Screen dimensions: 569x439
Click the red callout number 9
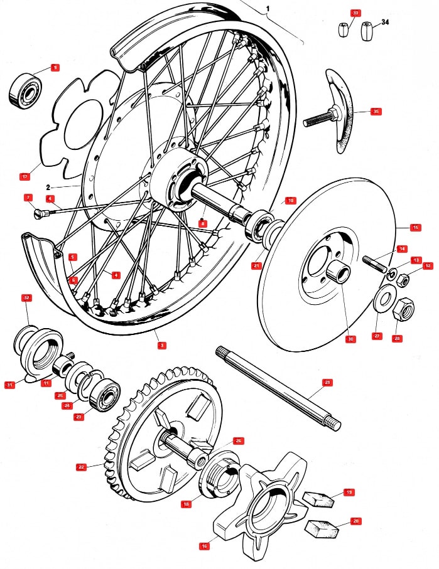tap(55, 68)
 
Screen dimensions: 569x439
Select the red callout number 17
tap(24, 177)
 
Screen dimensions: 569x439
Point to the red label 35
tap(376, 112)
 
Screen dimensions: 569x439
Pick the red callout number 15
tap(415, 227)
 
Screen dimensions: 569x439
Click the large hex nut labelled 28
tap(402, 307)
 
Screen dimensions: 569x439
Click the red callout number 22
tap(81, 467)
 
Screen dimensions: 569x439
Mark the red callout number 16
tap(204, 546)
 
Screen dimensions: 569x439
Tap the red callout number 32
tap(26, 297)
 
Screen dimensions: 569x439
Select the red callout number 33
tap(356, 13)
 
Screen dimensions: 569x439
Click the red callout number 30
tap(350, 339)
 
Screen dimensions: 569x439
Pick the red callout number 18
tap(187, 504)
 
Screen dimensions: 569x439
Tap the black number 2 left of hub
tap(48, 187)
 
